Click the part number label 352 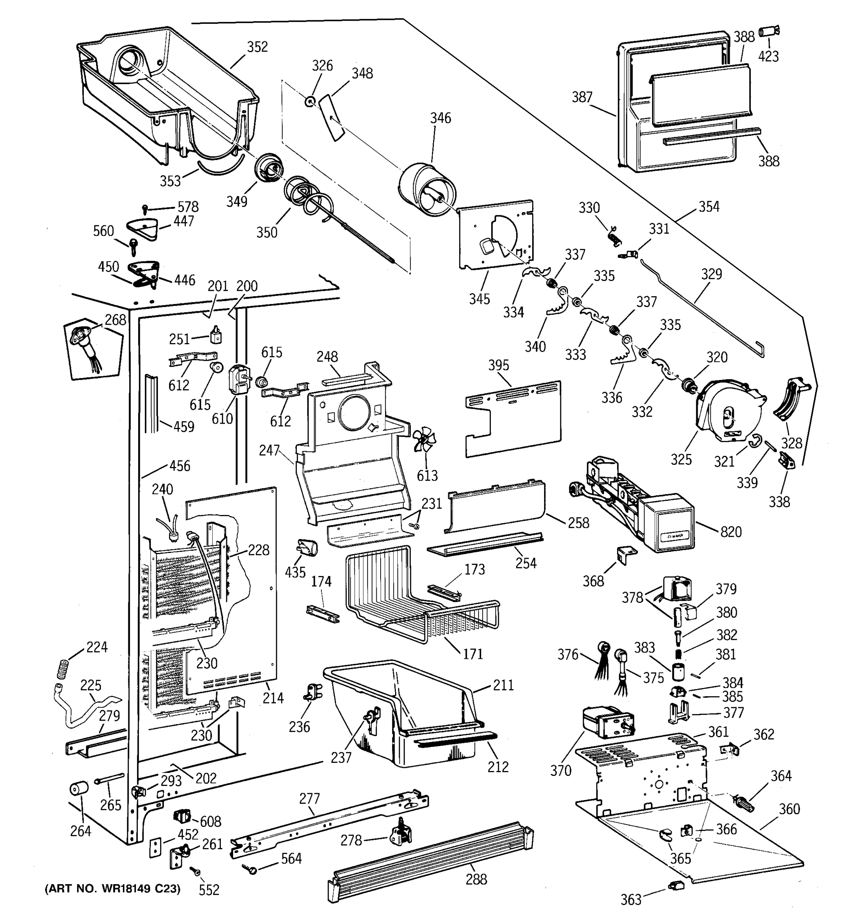pos(257,47)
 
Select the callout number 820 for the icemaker pos(731,532)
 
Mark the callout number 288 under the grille pos(476,879)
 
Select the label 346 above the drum pos(440,118)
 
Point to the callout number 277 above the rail pos(309,799)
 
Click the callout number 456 pos(180,465)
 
